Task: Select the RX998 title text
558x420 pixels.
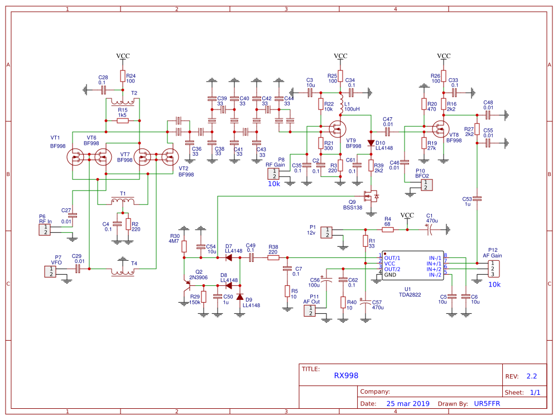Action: pyautogui.click(x=346, y=376)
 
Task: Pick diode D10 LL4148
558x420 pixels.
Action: pyautogui.click(x=371, y=143)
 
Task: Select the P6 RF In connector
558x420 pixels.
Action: pyautogui.click(x=44, y=230)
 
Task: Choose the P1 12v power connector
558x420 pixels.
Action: pyautogui.click(x=328, y=232)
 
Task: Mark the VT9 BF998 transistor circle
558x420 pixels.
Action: pyautogui.click(x=337, y=130)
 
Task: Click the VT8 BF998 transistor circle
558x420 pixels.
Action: pyautogui.click(x=441, y=130)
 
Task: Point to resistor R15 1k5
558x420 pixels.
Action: pyautogui.click(x=122, y=121)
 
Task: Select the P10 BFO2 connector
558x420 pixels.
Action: pyautogui.click(x=426, y=185)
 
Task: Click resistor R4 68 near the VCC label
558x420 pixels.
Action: pyautogui.click(x=387, y=229)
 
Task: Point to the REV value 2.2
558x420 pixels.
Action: pyautogui.click(x=532, y=376)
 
